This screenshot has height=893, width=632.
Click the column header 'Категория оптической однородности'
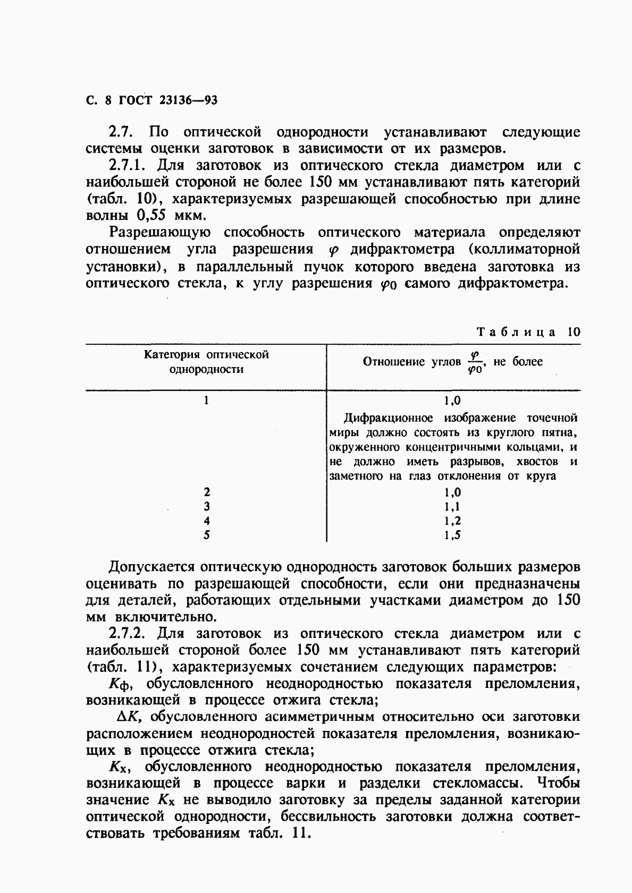click(206, 362)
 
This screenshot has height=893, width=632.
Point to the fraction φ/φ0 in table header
click(475, 362)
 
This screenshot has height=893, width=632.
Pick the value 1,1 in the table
click(453, 507)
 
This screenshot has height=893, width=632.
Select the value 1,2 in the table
click(453, 521)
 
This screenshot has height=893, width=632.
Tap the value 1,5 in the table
click(453, 535)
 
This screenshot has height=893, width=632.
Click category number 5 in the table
click(207, 535)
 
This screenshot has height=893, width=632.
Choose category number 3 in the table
click(207, 507)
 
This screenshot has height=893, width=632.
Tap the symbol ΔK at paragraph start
click(128, 717)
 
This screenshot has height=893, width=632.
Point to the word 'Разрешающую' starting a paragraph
click(160, 233)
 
